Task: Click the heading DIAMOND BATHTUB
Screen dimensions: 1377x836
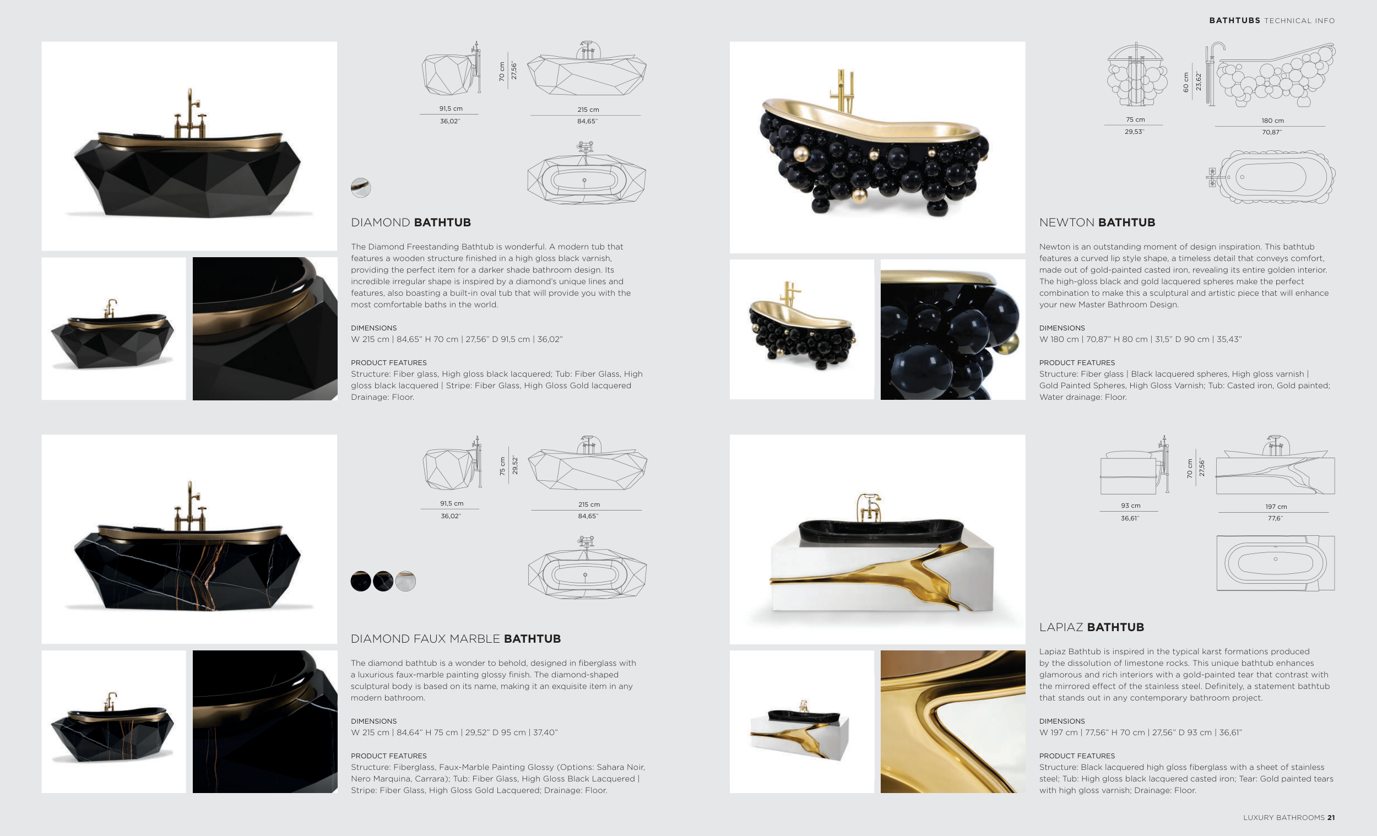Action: point(411,222)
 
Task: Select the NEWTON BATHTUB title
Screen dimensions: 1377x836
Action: point(1097,222)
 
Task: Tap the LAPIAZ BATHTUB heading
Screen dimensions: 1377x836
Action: point(1092,627)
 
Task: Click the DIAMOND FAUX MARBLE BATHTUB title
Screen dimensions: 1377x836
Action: point(456,639)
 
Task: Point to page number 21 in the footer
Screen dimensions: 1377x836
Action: point(1331,818)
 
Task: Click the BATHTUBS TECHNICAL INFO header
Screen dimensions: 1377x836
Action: point(1272,21)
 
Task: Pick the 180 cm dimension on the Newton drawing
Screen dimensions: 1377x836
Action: point(1272,121)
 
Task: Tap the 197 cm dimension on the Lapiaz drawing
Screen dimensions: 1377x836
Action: point(1276,507)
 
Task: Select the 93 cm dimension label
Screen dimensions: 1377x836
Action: point(1131,506)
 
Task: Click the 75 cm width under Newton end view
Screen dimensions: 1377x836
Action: point(1135,120)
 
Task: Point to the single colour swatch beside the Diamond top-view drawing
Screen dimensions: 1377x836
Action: point(360,188)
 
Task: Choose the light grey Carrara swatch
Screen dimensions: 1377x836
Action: point(405,581)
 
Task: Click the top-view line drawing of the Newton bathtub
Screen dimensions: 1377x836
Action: point(1271,177)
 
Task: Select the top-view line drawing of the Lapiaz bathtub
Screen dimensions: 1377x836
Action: point(1275,563)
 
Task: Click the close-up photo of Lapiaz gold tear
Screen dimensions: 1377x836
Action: point(953,721)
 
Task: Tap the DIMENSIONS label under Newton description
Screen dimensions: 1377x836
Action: point(1062,328)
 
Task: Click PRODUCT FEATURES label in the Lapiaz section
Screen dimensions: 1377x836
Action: point(1077,756)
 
